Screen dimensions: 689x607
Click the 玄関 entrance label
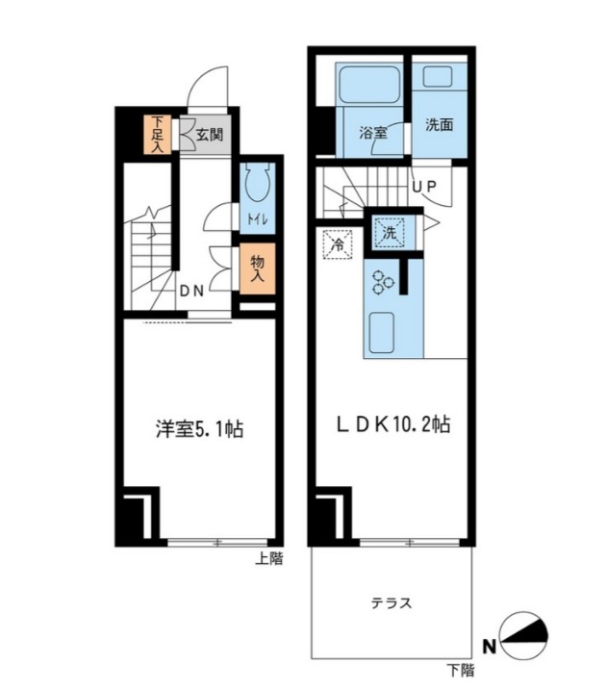click(211, 136)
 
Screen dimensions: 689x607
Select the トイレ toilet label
click(257, 219)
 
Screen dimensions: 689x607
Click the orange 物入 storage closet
click(257, 268)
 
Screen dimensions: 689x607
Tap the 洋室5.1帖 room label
click(199, 429)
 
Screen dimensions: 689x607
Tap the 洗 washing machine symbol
click(389, 232)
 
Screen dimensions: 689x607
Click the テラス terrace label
click(392, 603)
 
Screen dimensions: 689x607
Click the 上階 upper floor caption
click(269, 558)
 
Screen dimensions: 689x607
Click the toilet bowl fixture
click(257, 185)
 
